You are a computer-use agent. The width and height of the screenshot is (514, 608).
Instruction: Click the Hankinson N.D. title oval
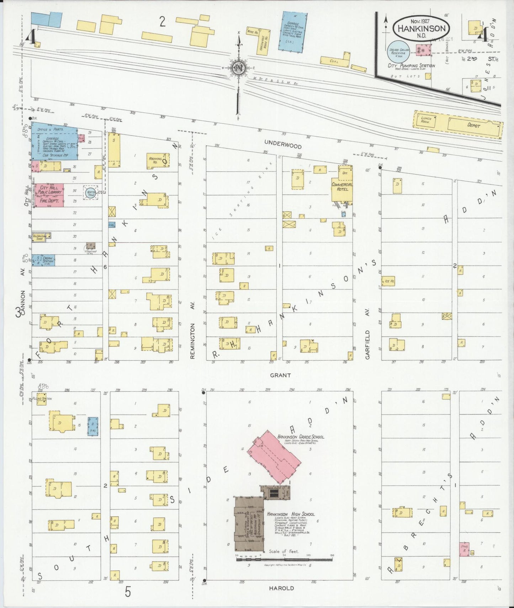click(421, 28)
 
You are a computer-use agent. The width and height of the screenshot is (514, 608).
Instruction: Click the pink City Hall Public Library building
click(48, 195)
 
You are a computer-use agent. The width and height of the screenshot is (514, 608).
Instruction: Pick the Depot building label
click(473, 125)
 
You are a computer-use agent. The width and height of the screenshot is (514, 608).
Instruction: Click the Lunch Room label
click(426, 120)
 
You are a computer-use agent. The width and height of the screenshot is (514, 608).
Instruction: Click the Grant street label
click(280, 375)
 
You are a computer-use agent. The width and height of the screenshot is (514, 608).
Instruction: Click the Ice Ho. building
click(388, 281)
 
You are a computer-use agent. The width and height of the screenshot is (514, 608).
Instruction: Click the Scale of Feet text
click(284, 551)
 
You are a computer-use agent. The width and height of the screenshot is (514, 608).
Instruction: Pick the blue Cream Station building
click(43, 260)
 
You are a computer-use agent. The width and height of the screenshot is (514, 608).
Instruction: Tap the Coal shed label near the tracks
click(334, 61)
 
